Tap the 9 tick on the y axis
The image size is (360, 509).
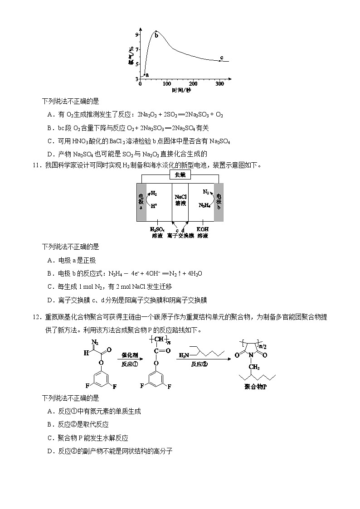pos(136,34)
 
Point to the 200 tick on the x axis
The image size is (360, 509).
pos(193,84)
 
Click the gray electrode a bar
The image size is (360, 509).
pos(141,202)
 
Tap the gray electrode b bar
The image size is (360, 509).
pos(219,202)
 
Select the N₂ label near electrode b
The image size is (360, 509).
pos(206,192)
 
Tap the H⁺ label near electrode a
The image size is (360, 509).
pos(154,205)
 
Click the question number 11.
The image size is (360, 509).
pos(37,165)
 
